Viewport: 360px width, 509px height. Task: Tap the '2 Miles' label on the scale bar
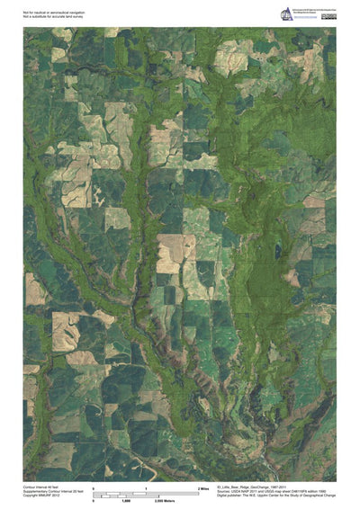click(203, 487)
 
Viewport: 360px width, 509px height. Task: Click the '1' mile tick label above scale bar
click(146, 487)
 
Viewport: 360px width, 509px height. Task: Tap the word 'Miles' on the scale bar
click(205, 487)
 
